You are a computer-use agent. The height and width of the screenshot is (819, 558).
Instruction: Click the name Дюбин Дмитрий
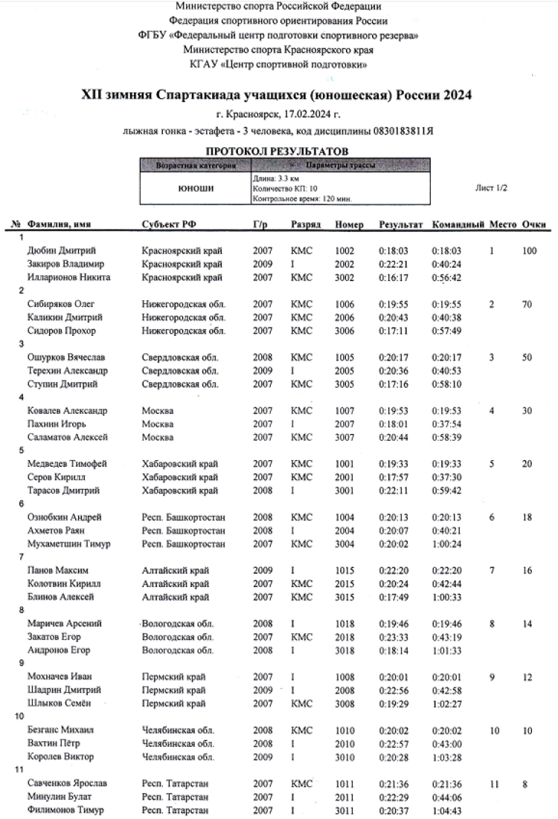62,250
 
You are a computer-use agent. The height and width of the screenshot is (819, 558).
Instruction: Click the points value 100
529,250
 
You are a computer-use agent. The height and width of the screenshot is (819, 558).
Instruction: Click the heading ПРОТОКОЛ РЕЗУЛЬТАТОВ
278,151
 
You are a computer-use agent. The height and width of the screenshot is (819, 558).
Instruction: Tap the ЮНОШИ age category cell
196,189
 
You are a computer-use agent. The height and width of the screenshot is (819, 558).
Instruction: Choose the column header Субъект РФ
169,224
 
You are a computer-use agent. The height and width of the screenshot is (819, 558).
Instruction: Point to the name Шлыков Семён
61,703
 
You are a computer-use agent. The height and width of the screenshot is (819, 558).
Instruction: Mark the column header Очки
534,224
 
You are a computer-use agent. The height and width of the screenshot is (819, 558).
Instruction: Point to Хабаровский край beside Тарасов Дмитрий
179,491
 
